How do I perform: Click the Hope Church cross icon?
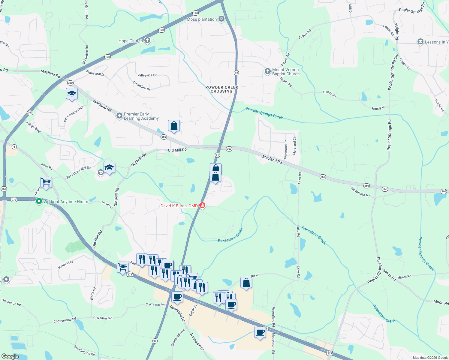coord(147,40)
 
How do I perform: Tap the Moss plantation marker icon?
coord(221,19)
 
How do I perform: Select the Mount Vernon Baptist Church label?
coord(285,72)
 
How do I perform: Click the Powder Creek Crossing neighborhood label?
coord(222,89)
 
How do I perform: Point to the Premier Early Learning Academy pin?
coord(119,115)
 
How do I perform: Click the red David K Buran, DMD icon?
coord(203,205)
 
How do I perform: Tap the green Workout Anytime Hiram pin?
coord(39,201)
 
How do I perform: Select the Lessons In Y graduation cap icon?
coord(420,42)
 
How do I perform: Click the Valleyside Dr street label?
coord(147,75)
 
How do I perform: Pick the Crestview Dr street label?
coord(141,85)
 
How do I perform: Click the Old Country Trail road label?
coord(74,114)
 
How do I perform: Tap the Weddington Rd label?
coord(84,350)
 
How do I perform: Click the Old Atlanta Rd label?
coord(360,192)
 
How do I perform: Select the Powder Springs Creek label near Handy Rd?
coord(264,113)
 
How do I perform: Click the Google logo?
coord(10,356)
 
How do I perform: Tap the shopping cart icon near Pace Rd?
coord(46,182)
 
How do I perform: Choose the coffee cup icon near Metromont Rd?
coord(260,332)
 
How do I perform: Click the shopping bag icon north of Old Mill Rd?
coord(174,126)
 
